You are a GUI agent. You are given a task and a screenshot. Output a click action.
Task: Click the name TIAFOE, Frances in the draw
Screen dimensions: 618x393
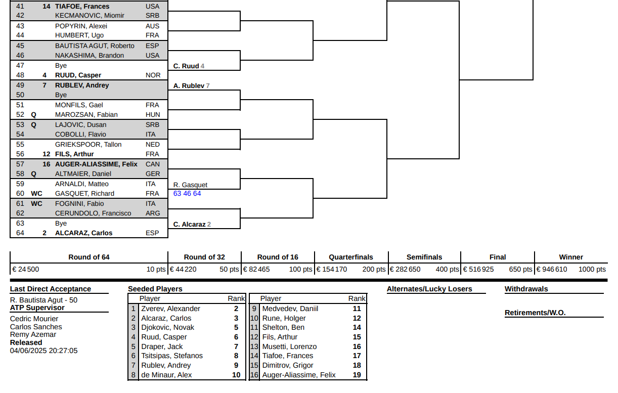[x=82, y=7]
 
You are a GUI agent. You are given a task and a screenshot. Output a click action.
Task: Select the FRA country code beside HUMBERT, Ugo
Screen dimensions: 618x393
[x=152, y=35]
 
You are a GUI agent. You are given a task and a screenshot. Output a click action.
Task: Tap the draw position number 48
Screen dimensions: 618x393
[x=20, y=75]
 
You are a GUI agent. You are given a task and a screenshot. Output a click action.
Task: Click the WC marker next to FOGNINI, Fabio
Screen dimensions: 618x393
[x=36, y=204]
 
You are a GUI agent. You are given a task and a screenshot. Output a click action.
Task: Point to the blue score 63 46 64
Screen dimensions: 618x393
[x=187, y=193]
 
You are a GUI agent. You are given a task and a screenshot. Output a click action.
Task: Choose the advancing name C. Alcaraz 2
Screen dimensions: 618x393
[x=192, y=225]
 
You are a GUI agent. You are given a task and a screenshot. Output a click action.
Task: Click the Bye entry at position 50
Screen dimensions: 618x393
[x=61, y=95]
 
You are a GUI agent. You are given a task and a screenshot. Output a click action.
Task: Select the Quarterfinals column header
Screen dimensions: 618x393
[x=351, y=257]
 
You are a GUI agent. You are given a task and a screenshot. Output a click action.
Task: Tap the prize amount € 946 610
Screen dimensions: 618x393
[x=552, y=270]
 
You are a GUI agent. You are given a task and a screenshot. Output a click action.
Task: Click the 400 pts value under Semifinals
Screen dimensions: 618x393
[x=447, y=270]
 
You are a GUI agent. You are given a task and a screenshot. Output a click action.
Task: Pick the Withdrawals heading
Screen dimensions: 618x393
[x=526, y=289]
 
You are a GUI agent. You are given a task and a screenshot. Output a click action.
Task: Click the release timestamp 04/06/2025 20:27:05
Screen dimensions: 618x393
[x=43, y=351]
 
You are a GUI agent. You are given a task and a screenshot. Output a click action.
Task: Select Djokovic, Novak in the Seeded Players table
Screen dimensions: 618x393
[x=168, y=328]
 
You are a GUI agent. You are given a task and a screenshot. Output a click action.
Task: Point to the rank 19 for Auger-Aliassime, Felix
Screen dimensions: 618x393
[x=357, y=375]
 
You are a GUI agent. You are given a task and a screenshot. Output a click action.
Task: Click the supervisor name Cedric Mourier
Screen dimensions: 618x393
[x=34, y=319]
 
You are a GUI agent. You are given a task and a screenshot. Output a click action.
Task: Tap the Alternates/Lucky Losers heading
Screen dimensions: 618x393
[x=429, y=289]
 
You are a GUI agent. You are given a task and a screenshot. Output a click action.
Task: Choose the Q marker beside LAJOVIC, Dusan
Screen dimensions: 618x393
[x=33, y=125]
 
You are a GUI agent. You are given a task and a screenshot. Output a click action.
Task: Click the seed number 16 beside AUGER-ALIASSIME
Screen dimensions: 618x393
[x=47, y=164]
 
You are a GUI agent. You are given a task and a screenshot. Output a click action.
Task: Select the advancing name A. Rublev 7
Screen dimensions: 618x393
[x=192, y=86]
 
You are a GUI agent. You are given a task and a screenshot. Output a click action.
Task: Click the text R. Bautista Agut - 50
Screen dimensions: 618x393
[x=43, y=300]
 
